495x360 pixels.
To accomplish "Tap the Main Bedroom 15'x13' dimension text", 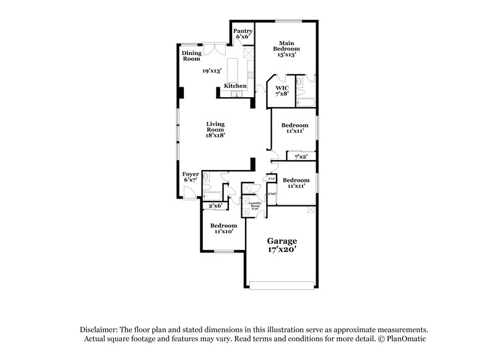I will click(288, 55).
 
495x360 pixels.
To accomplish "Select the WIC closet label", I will click(282, 88).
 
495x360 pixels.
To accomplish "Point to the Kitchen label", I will click(235, 86).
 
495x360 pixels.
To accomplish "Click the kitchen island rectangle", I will click(235, 69).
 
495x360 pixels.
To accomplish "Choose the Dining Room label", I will click(191, 56).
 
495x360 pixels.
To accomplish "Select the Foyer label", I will click(190, 174).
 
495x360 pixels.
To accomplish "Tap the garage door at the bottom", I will click(282, 285).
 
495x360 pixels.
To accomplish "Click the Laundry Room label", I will click(255, 203).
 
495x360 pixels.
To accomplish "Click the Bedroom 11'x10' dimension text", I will click(223, 232).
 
